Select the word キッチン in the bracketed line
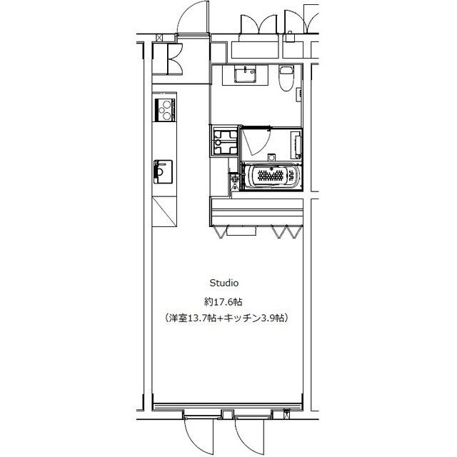(245, 317)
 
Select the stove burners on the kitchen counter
(166, 110)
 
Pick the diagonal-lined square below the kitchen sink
(164, 211)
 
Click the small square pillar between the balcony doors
(225, 413)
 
